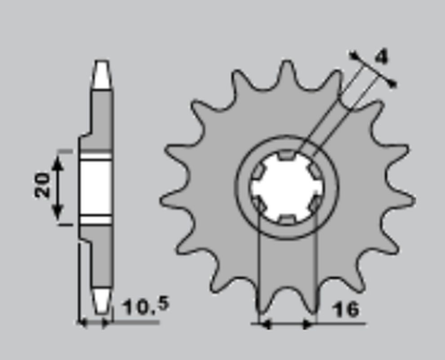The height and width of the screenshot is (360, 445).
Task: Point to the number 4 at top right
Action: [381, 57]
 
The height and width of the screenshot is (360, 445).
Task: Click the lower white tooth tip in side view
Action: [101, 299]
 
